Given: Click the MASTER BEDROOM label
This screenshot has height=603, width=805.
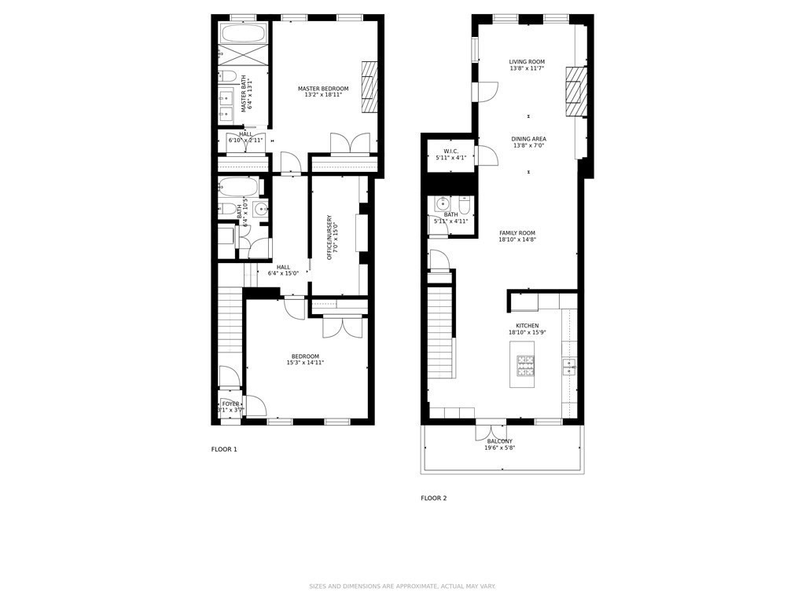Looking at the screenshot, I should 323,89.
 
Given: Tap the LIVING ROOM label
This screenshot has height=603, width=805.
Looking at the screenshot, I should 527,62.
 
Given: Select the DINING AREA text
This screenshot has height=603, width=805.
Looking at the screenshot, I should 529,139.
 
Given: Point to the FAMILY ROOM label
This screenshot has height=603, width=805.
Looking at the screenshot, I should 517,233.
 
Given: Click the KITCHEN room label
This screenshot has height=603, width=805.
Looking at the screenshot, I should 527,326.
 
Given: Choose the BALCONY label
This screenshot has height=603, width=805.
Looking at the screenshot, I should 500,441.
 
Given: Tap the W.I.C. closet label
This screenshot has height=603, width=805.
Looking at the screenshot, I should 450,152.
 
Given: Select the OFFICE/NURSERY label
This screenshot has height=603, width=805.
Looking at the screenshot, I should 329,237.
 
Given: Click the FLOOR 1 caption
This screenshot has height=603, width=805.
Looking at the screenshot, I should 224,449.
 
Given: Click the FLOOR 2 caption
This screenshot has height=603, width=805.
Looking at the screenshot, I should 433,498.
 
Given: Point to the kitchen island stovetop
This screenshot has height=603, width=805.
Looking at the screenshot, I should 525,364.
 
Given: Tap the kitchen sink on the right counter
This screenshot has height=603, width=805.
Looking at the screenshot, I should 568,366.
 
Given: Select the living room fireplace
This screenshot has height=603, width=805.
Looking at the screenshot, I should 576,86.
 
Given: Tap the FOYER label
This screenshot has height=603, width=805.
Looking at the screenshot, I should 230,404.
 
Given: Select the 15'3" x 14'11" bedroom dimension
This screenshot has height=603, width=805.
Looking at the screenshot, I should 305,363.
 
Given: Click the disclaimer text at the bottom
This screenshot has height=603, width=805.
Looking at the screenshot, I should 402,586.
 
